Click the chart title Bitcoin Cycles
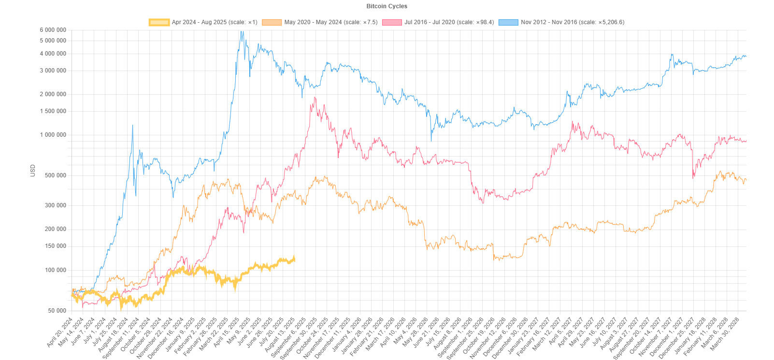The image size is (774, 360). click(387, 6)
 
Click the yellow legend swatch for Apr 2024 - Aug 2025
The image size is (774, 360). click(159, 22)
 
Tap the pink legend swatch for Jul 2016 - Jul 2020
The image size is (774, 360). click(392, 22)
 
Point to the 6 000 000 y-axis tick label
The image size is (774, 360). click(53, 30)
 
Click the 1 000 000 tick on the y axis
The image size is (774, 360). click(53, 135)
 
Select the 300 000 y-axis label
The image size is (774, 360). click(56, 205)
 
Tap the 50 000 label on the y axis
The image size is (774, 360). click(57, 311)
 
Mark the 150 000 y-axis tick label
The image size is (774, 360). click(56, 246)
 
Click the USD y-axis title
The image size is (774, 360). click(33, 170)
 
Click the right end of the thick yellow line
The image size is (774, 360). click(294, 259)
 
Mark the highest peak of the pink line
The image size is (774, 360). click(315, 98)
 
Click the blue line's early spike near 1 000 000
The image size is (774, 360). click(132, 125)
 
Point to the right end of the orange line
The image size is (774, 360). click(746, 180)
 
